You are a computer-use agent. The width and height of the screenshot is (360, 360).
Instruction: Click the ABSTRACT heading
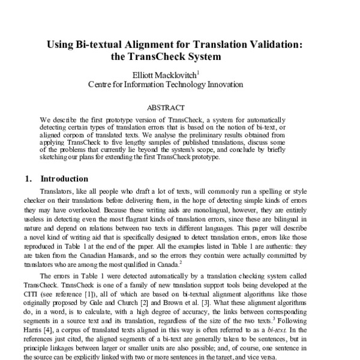pyautogui.click(x=180, y=109)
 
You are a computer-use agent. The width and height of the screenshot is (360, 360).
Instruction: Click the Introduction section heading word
pyautogui.click(x=64, y=179)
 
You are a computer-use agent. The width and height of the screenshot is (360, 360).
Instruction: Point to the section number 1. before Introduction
pyautogui.click(x=29, y=179)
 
